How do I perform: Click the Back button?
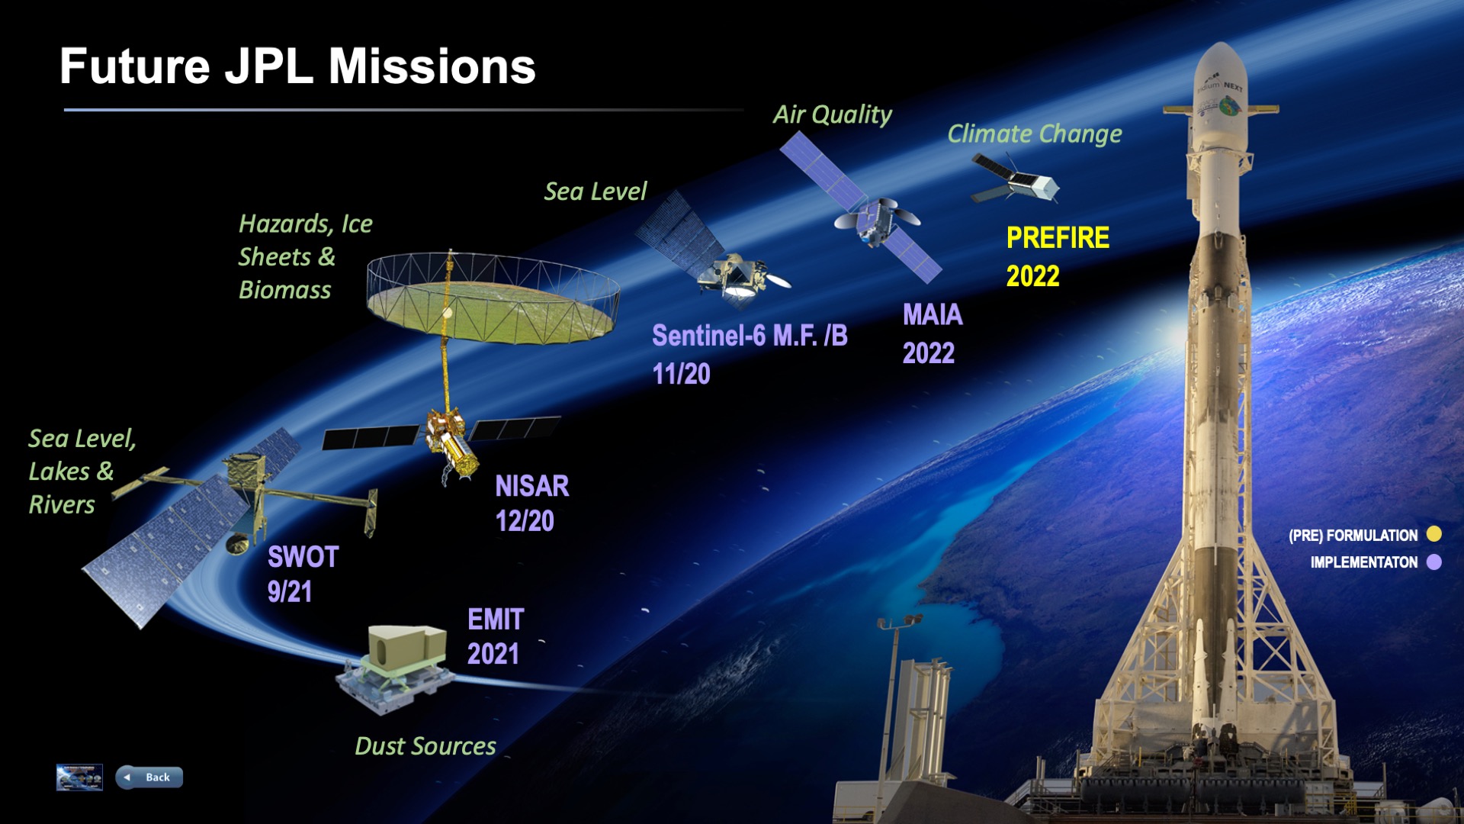tap(149, 777)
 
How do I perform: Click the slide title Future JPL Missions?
tap(297, 66)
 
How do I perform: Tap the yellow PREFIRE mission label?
tap(1058, 238)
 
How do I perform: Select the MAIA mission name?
tap(933, 314)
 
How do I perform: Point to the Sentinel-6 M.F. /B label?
tap(750, 336)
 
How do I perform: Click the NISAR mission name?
tap(532, 486)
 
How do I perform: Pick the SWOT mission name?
tap(303, 557)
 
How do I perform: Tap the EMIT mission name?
tap(496, 620)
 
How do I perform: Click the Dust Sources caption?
tap(425, 745)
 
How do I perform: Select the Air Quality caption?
tap(832, 114)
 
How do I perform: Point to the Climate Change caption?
tap(1035, 134)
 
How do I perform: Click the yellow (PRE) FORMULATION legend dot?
tap(1434, 534)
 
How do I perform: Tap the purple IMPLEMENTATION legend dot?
tap(1434, 562)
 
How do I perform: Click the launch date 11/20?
tap(682, 374)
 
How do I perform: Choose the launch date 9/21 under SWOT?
tap(290, 592)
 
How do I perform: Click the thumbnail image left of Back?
tap(79, 777)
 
